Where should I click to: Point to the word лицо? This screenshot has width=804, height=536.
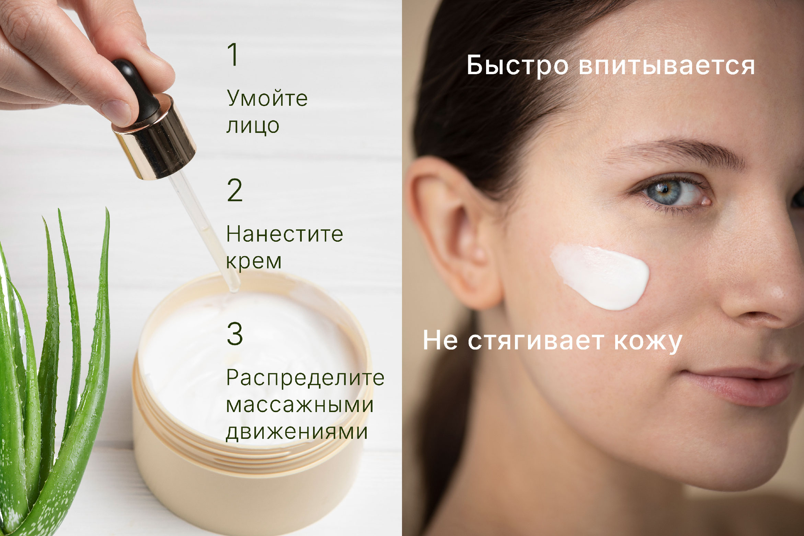point(253,126)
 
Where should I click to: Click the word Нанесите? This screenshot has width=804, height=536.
point(285,235)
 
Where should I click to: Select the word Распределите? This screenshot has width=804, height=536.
point(305,379)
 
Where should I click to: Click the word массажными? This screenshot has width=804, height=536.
point(300,405)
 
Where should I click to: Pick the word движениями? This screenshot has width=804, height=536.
point(297,432)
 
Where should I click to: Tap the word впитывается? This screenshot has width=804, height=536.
point(667,66)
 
